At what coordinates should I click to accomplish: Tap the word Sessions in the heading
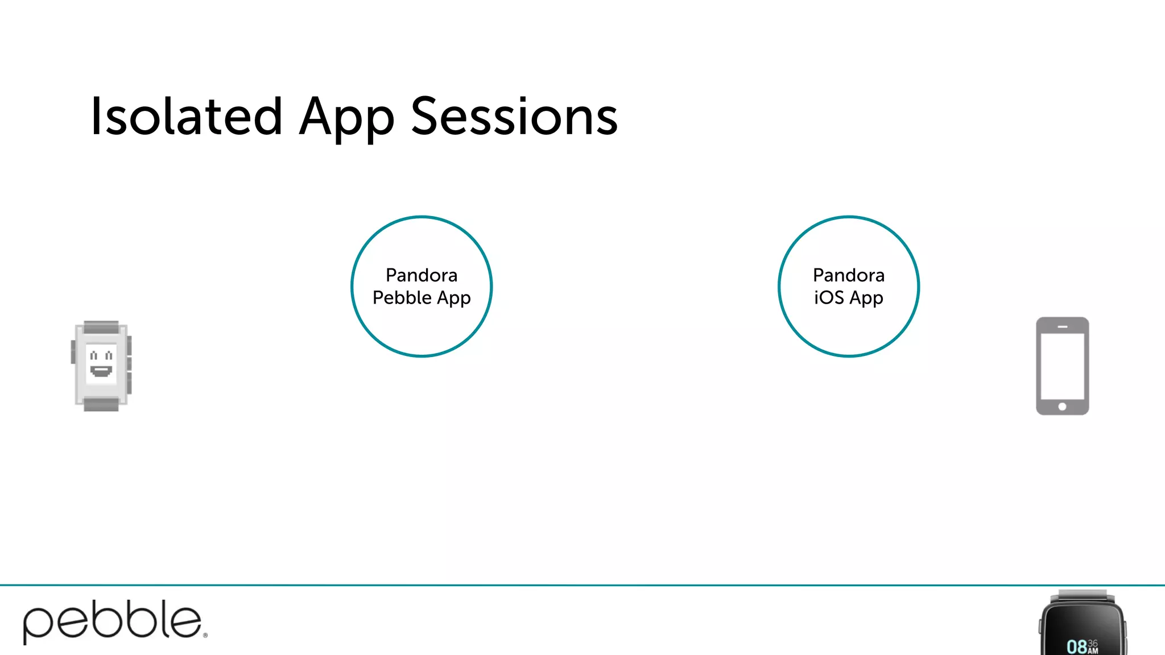click(x=514, y=117)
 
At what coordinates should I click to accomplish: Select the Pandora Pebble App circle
click(x=422, y=330)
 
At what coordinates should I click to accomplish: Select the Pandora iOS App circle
click(x=848, y=330)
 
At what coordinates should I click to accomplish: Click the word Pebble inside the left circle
click(x=402, y=297)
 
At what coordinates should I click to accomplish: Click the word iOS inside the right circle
click(x=829, y=297)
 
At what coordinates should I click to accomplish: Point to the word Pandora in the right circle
click(x=848, y=275)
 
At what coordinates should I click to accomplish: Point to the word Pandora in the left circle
click(x=422, y=275)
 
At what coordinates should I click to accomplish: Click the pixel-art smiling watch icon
click(x=101, y=365)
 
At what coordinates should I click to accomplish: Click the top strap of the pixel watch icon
click(x=101, y=327)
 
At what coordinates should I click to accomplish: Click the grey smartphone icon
click(x=1062, y=366)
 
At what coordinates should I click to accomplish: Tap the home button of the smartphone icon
click(x=1062, y=407)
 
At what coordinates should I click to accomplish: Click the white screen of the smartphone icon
click(x=1062, y=366)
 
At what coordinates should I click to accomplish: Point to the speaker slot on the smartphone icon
click(x=1062, y=327)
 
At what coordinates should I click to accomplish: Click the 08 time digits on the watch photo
click(x=1076, y=646)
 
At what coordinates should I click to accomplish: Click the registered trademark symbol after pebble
click(x=205, y=636)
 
